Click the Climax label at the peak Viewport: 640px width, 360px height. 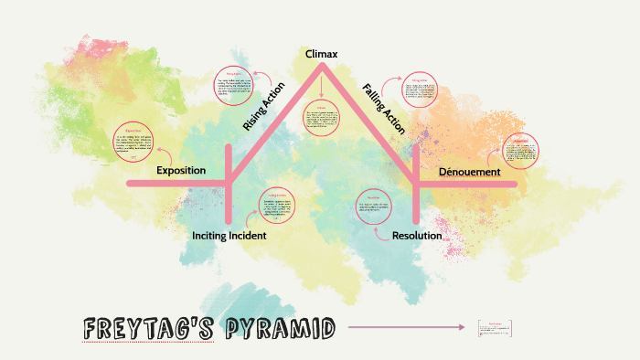[x=321, y=55]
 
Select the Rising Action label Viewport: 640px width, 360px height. [x=263, y=107]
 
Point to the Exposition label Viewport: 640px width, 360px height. [x=181, y=170]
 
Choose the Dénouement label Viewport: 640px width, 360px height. [x=469, y=172]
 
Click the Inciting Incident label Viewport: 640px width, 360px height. [x=229, y=236]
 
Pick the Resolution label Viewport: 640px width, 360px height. [x=417, y=236]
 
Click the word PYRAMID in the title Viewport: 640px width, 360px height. [x=272, y=328]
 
